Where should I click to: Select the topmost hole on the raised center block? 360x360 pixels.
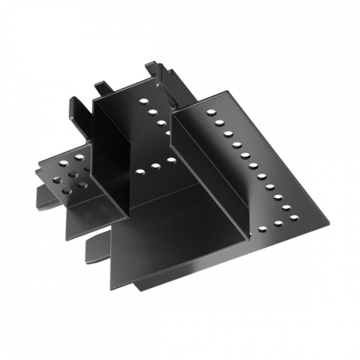coord(143,101)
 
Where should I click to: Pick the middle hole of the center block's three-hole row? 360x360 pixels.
coord(154,167)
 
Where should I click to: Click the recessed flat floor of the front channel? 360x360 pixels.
coord(180,227)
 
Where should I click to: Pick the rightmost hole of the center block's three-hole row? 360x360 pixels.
coord(170,162)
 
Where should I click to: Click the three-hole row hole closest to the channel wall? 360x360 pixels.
coord(170,162)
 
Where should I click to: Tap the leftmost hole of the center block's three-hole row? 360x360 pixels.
coord(139,171)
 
